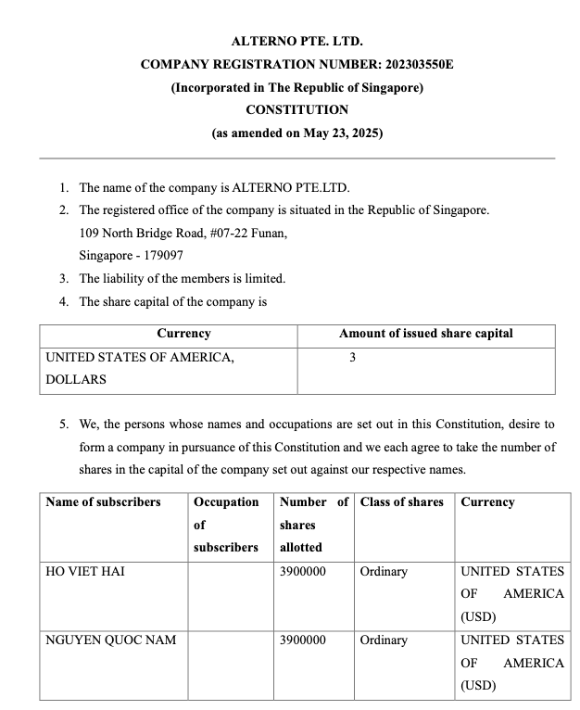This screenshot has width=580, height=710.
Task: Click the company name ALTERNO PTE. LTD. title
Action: [x=296, y=42]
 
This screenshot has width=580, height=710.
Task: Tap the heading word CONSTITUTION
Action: [x=296, y=109]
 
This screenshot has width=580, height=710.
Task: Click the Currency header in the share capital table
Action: [x=183, y=334]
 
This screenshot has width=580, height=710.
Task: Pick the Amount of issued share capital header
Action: [x=425, y=334]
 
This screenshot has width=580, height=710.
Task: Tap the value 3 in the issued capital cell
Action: [x=353, y=357]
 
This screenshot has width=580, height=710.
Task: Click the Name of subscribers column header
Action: [x=103, y=502]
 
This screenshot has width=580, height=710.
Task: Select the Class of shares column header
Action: [x=401, y=502]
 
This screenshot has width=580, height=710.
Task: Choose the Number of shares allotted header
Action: [x=313, y=525]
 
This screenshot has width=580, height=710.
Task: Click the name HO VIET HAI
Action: [x=85, y=572]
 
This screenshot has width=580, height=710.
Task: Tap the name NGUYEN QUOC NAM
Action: [x=110, y=640]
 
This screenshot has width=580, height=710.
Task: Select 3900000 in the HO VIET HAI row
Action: [x=302, y=572]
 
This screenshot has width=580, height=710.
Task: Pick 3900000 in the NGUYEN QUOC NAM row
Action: [x=302, y=640]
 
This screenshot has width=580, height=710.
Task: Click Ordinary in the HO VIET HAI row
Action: [x=384, y=572]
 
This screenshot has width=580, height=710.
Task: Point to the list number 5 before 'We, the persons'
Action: [x=64, y=425]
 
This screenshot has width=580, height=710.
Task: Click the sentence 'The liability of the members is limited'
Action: [x=183, y=278]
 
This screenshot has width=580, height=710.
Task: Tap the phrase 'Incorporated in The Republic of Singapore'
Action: [x=296, y=87]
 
